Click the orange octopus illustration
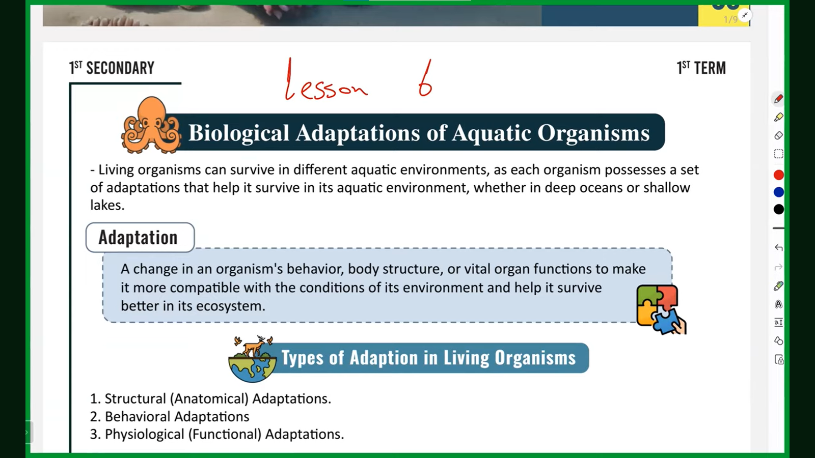coord(151,125)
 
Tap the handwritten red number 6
coord(425,78)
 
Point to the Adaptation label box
coord(140,237)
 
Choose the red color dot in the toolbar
coord(778,175)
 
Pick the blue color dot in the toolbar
coord(778,192)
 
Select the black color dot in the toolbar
coord(778,209)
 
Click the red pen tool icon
coord(778,99)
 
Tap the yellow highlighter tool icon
coord(778,117)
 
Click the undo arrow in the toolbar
coord(778,248)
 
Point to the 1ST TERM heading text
coord(701,68)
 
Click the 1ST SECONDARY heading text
coord(112,68)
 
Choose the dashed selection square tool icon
coord(778,154)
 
